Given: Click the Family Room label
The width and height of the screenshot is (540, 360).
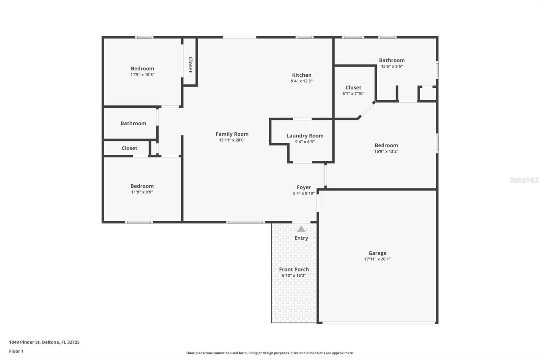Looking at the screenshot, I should pos(232,134).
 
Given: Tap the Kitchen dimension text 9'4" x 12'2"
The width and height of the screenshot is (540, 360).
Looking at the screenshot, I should pos(302,81).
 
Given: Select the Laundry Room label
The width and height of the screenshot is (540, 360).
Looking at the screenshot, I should pos(305,136).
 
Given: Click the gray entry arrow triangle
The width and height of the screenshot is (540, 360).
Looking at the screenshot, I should pos(301,229).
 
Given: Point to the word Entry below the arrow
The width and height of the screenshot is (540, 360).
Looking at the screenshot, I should pos(301,238).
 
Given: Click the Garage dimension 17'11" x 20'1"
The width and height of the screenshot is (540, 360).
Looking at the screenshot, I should pos(377,259).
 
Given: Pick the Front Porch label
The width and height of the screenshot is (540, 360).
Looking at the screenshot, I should pos(294,269).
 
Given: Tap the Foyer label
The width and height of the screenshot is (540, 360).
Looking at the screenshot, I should pos(304,187).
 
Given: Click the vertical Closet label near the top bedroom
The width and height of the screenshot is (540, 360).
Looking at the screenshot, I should pos(190,65).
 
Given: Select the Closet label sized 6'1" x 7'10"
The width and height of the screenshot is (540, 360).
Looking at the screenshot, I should pos(353,88).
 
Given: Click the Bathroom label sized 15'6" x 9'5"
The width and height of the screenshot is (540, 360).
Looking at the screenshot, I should pos(391,60).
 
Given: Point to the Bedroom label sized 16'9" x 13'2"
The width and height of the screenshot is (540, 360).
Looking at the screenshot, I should pos(386,146).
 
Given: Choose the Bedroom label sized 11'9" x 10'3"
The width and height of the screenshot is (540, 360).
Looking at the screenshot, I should pos(142,69).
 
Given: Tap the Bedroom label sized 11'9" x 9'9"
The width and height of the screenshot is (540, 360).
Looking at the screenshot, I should pos(142,186).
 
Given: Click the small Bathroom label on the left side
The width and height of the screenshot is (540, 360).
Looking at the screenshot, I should pos(133,123).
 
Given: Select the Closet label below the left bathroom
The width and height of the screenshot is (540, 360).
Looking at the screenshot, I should pos(129,148).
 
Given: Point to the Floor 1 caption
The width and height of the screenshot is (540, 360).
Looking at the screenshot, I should pos(16,351).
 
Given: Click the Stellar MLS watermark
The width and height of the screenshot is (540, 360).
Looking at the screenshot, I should pos(524,180).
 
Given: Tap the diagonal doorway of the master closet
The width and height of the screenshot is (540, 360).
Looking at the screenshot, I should pos(366,110).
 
